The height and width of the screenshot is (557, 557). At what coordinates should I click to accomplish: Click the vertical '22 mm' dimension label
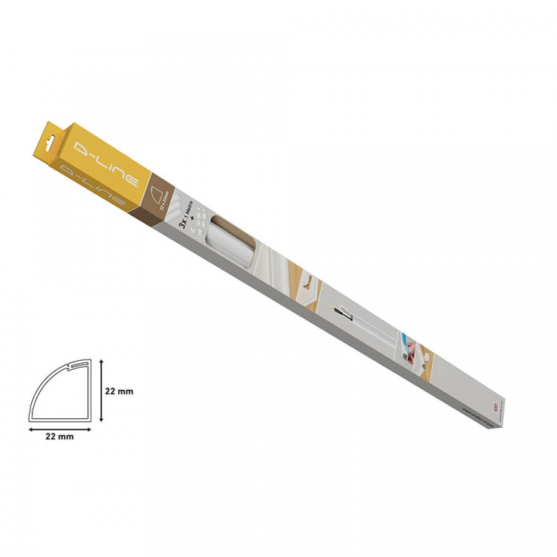(119, 391)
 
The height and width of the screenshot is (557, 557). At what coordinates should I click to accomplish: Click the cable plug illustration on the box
(338, 311)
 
